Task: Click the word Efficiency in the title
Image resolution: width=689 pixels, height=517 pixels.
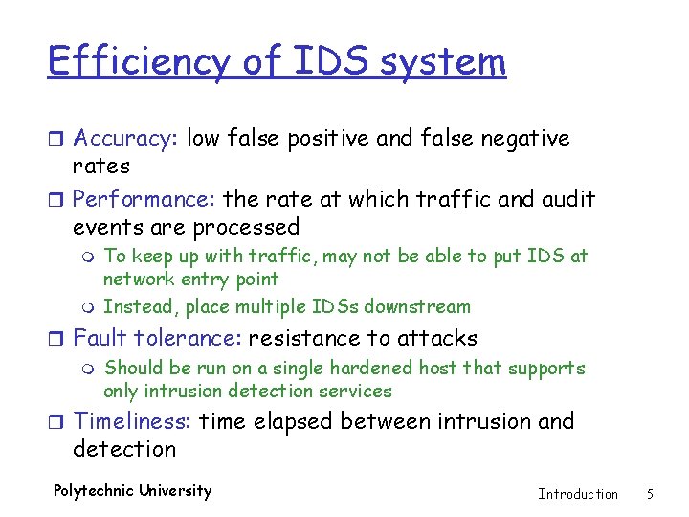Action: [139, 62]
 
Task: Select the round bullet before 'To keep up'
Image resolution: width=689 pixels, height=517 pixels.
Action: [91, 258]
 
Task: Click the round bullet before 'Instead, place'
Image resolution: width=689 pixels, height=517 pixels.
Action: [91, 308]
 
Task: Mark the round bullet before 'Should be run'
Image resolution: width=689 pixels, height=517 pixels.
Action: [91, 370]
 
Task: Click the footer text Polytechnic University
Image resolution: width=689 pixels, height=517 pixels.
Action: [132, 491]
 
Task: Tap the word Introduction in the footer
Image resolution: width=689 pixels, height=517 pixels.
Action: [578, 494]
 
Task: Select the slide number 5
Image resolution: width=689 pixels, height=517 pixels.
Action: [650, 494]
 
